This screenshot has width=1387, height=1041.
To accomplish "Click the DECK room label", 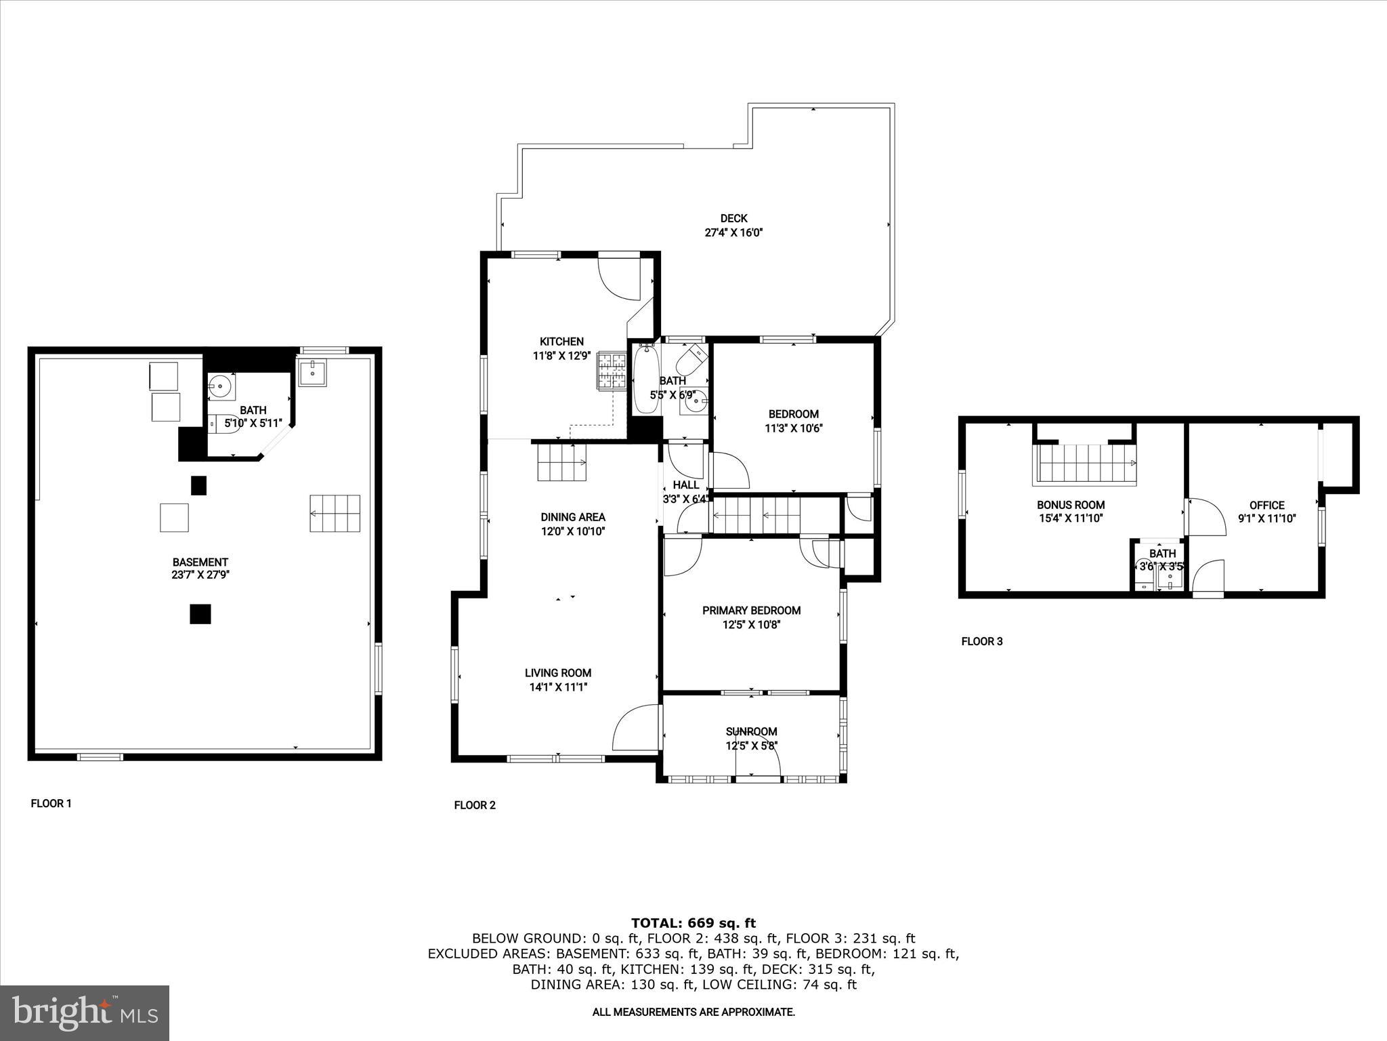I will [733, 218].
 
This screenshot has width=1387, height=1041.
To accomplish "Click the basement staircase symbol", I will [335, 513].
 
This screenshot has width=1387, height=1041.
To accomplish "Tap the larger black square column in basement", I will [200, 613].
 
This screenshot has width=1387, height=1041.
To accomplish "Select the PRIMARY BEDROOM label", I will [751, 611].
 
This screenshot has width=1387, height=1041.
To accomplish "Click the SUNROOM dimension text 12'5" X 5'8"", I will [751, 746].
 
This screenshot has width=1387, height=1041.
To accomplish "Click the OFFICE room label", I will [1266, 505].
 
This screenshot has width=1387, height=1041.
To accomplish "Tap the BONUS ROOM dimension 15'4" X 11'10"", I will [1071, 518].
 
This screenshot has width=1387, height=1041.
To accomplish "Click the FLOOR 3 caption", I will [981, 641].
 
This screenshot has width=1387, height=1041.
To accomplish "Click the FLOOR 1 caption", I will [51, 804].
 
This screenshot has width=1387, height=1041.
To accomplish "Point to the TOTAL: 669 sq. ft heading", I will [693, 922].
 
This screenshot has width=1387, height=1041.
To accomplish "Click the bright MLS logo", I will [84, 1013].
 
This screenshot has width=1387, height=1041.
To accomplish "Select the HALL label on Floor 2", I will [685, 485].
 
